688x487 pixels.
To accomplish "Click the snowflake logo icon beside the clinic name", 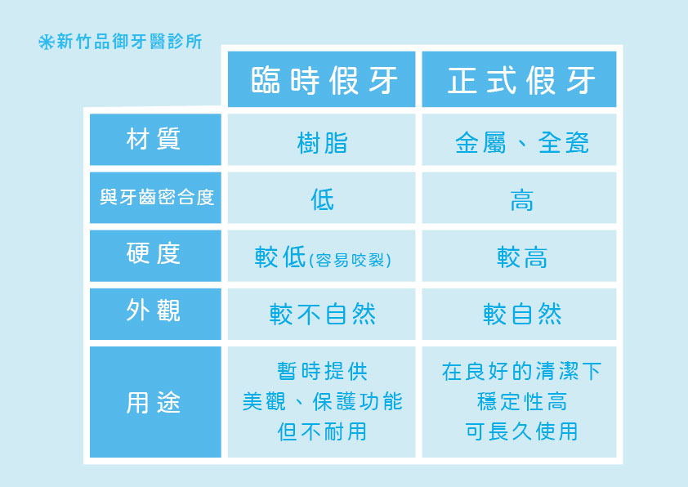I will click(46, 42).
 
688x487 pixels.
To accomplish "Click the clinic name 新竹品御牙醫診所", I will click(129, 42).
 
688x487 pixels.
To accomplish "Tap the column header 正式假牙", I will click(520, 80).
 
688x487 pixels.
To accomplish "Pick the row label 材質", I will click(154, 141).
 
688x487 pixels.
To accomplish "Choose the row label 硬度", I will click(154, 255).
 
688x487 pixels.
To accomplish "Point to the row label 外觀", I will click(154, 313).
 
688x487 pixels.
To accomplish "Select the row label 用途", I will click(154, 402).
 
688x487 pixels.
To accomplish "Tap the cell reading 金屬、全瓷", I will click(520, 143).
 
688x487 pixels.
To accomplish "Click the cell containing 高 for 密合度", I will click(520, 199).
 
